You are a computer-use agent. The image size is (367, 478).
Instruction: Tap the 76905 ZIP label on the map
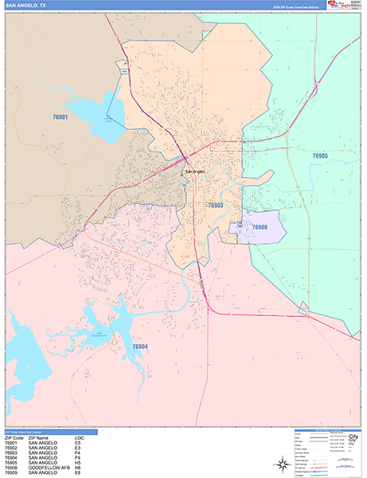[x=320, y=156]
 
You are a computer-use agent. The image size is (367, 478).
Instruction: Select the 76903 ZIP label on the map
[x=216, y=205]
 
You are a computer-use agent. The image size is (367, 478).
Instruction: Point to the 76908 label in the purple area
[x=260, y=228]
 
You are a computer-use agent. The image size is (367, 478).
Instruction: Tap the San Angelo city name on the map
[x=195, y=172]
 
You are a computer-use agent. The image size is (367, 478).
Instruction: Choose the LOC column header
[x=79, y=437]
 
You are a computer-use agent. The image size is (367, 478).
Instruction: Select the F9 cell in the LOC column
[x=78, y=456]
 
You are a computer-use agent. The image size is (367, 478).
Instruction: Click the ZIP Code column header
[x=13, y=437]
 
